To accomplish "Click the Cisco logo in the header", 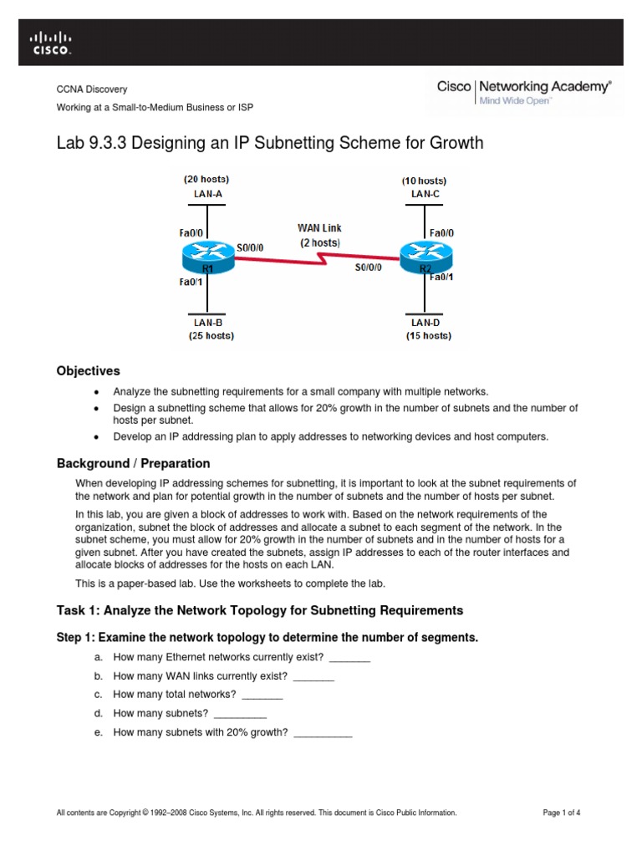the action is [51, 42].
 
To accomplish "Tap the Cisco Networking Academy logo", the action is [524, 92].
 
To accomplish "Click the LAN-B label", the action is [206, 323].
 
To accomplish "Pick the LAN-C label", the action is [425, 194].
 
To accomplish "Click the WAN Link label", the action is [319, 227].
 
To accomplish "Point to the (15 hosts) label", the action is [430, 336].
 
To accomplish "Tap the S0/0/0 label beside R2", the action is [368, 267].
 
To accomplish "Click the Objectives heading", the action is [88, 371].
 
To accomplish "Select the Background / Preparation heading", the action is [133, 463].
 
